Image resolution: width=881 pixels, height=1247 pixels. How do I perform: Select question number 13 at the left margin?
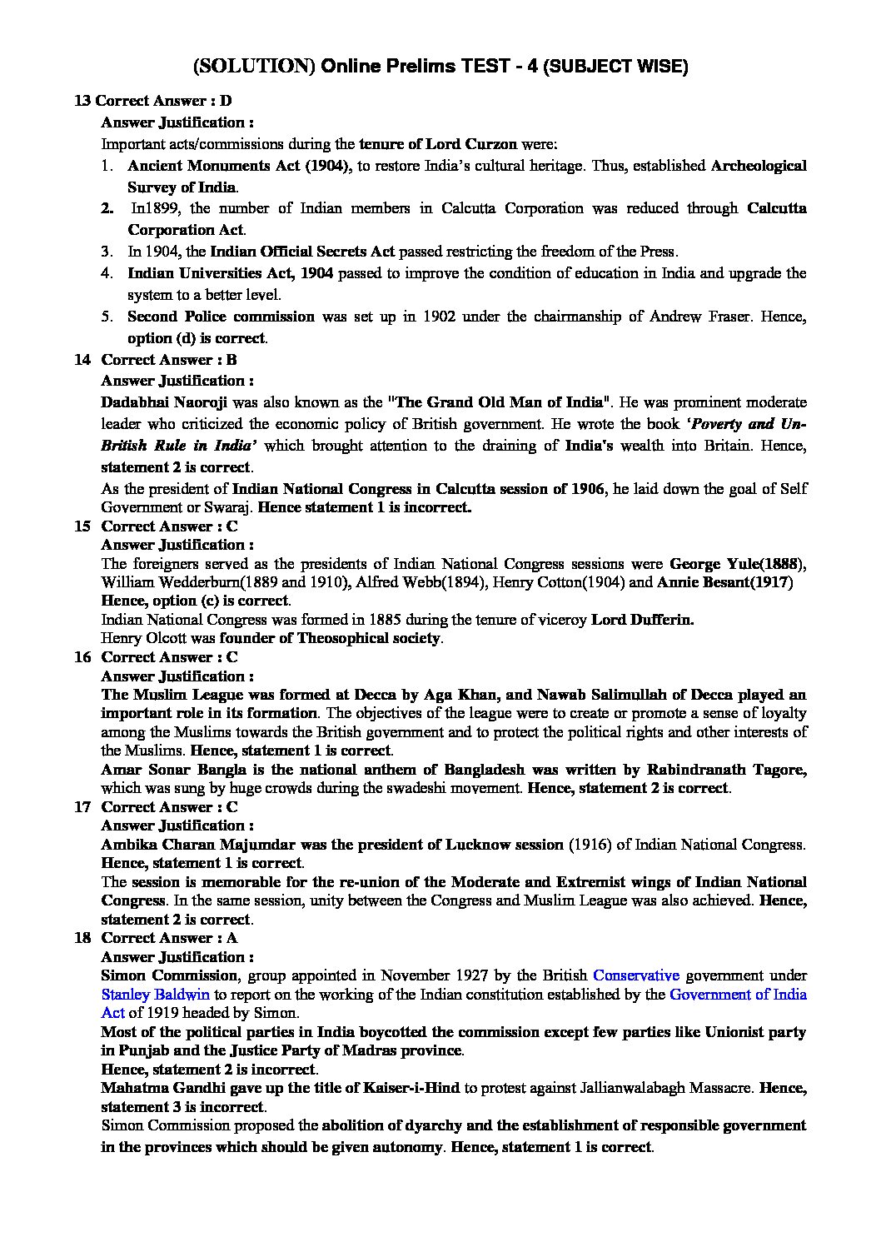[82, 101]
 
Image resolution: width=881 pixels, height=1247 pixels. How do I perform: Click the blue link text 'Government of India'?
[738, 994]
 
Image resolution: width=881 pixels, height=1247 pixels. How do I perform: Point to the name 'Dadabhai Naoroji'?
[155, 402]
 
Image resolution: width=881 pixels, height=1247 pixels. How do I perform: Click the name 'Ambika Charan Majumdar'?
[177, 844]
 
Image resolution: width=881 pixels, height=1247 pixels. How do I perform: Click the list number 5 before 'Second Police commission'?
[107, 317]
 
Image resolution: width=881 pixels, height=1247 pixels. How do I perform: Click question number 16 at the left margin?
[82, 656]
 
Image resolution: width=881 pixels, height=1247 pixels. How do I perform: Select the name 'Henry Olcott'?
[139, 638]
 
